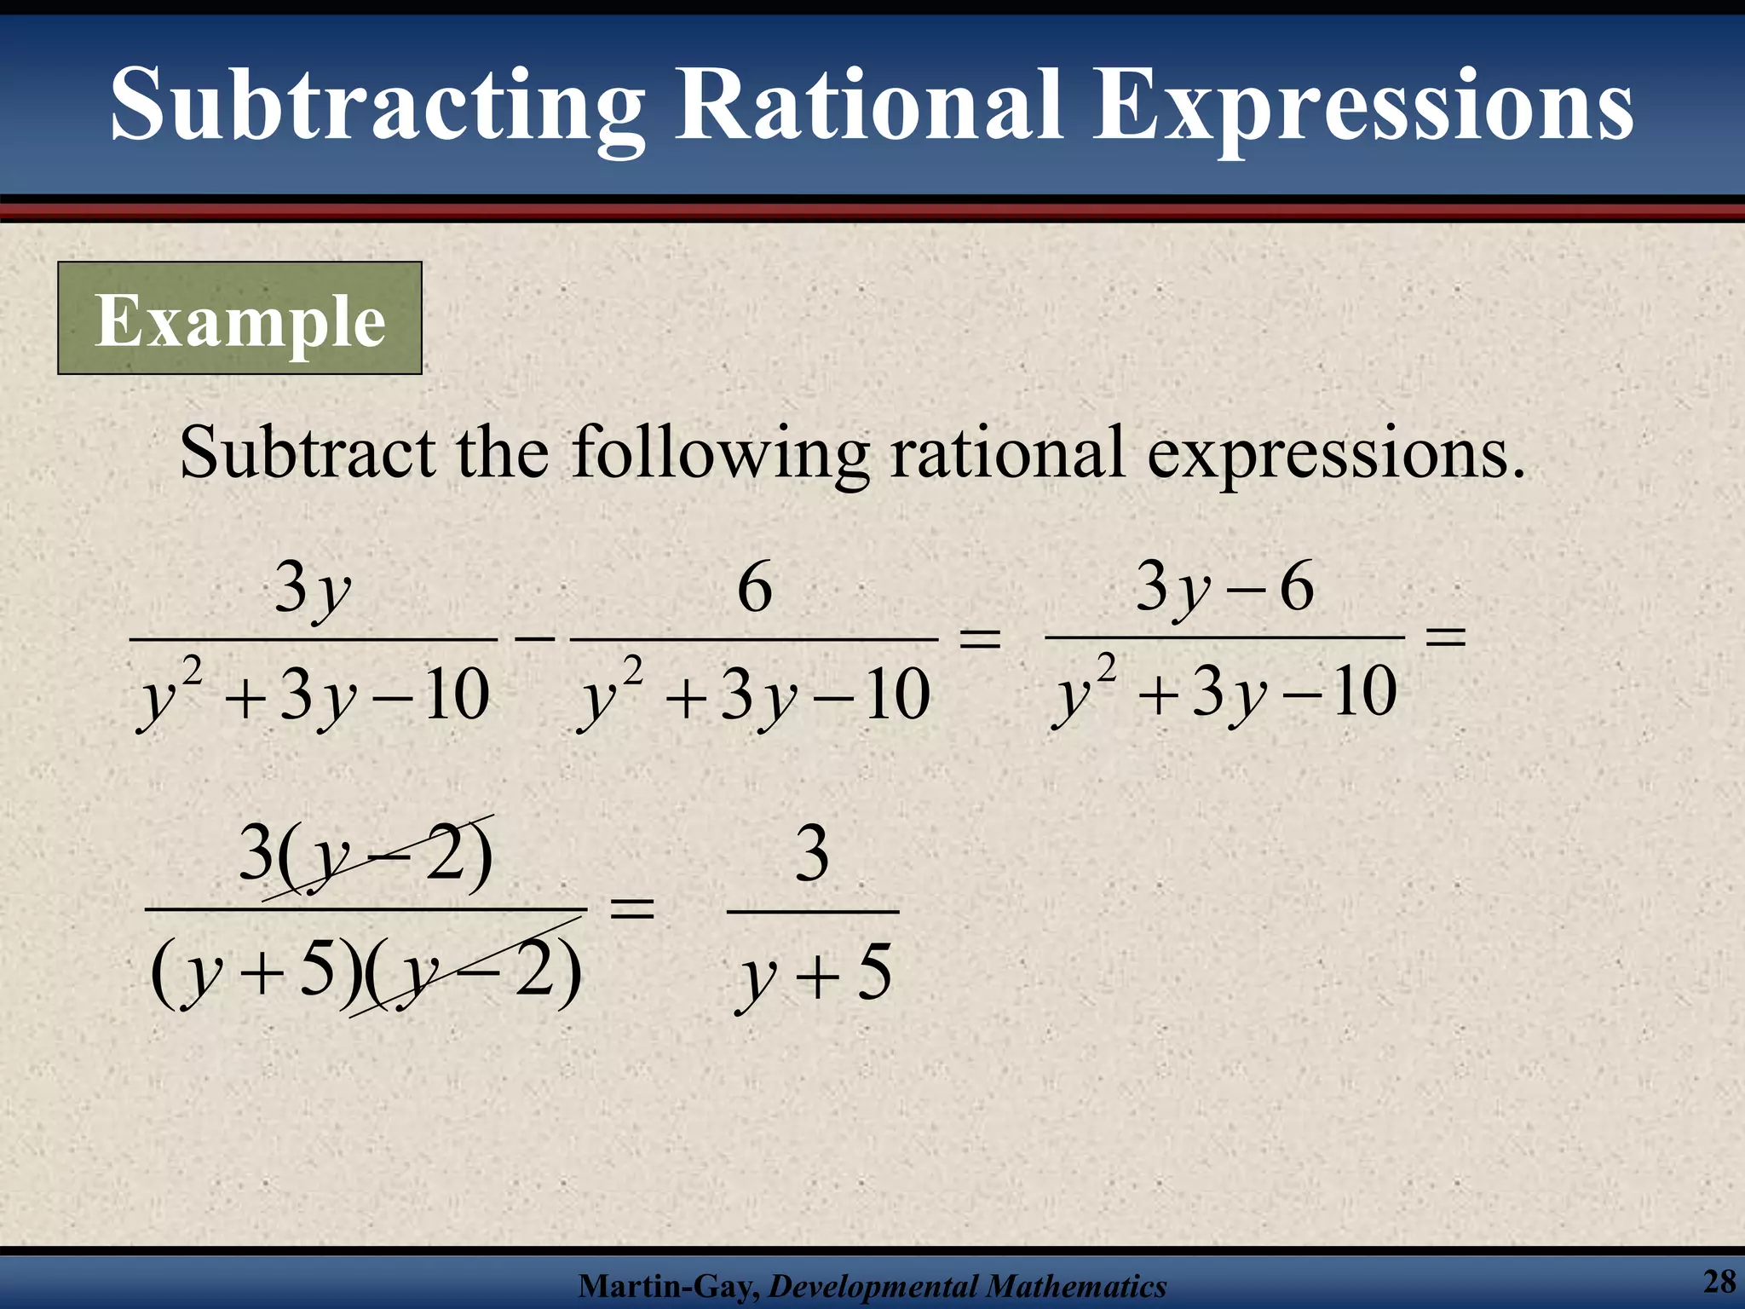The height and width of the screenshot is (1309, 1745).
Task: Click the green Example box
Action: [x=239, y=319]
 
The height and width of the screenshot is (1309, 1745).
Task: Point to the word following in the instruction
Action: [x=720, y=453]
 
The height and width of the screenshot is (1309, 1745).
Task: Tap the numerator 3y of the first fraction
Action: [x=312, y=590]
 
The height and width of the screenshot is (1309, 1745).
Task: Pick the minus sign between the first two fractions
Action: [x=535, y=637]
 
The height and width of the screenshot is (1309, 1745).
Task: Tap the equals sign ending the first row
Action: [x=1445, y=636]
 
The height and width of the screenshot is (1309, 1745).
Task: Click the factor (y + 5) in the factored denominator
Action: [x=255, y=972]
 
